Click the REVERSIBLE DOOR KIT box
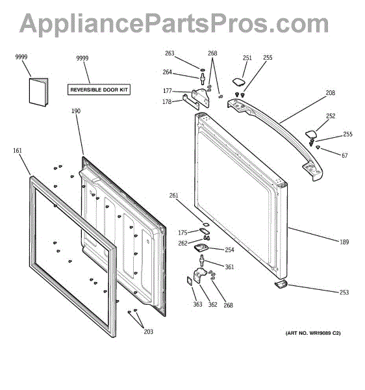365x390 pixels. coord(99,90)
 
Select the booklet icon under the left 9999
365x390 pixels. coord(38,92)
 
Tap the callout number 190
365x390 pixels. coord(76,111)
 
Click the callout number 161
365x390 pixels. coord(18,151)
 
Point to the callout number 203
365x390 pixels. coord(149,331)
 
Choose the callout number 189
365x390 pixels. coord(344,242)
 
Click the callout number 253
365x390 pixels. coord(344,292)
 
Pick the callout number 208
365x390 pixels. coord(331,93)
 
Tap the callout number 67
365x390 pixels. coord(345,156)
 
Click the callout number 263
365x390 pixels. coord(170,53)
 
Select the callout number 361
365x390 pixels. coord(229,267)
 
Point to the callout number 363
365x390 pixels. coord(198,304)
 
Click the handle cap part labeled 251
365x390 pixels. coord(239,82)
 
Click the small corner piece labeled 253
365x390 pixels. coord(281,284)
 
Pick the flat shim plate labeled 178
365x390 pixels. coord(191,102)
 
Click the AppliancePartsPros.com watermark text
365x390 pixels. coord(174,23)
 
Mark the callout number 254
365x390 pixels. coord(229,250)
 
